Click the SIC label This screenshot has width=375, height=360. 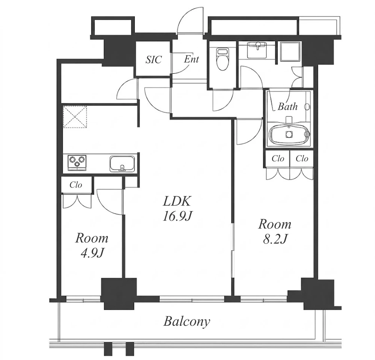[154, 59]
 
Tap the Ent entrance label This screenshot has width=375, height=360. [191, 59]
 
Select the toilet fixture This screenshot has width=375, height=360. [222, 59]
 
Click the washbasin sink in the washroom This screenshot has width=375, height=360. [257, 50]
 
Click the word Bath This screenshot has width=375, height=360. [287, 106]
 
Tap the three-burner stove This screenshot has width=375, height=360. [77, 163]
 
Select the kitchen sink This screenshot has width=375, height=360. [122, 164]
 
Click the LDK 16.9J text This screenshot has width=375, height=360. [177, 208]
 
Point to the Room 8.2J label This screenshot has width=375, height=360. [275, 231]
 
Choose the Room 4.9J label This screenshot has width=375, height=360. [92, 245]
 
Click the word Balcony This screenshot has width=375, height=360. [187, 321]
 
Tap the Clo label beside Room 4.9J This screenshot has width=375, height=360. [76, 185]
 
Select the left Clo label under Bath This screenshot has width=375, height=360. [278, 159]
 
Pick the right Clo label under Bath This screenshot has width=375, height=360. [302, 159]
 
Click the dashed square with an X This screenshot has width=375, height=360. [75, 117]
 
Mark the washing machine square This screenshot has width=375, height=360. [290, 51]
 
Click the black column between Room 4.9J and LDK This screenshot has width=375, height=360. [119, 294]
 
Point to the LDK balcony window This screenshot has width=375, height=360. [192, 298]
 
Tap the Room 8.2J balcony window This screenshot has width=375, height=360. [263, 298]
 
